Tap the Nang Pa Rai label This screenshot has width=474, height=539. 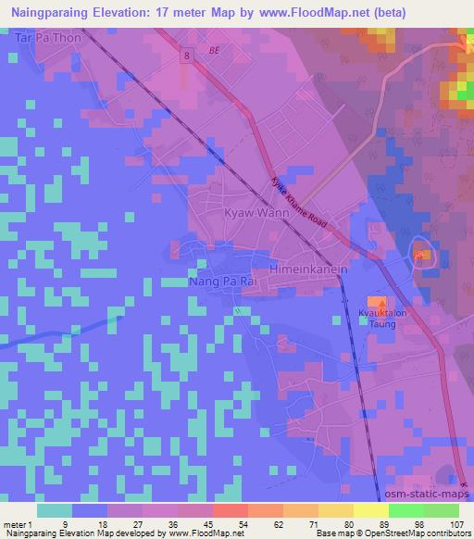pos(214,280)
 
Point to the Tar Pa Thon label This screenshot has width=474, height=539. pos(48,39)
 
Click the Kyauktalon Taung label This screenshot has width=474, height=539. pos(377,320)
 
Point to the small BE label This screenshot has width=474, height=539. pos(216,49)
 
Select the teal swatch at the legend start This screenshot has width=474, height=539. pos(55,509)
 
